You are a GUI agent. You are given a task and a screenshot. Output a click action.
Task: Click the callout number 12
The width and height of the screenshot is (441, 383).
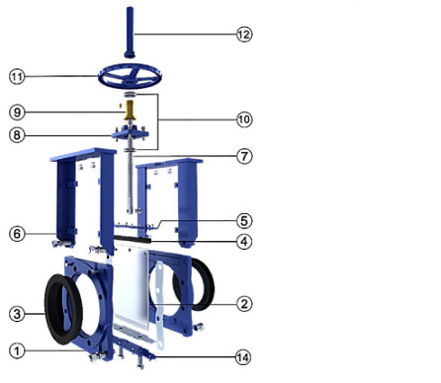click(x=243, y=33)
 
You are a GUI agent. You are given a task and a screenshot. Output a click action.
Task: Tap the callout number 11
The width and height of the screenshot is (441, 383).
click(x=17, y=76)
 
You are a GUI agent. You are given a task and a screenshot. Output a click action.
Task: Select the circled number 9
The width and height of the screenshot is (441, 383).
click(x=17, y=110)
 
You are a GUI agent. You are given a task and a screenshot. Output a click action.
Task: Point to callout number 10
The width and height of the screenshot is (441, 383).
click(x=243, y=118)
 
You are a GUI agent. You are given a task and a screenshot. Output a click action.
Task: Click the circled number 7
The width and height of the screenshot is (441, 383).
click(x=243, y=156)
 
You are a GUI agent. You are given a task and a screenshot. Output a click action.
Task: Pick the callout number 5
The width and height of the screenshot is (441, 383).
click(x=243, y=219)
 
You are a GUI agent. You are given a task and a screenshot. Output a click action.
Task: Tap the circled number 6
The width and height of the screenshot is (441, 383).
click(x=17, y=234)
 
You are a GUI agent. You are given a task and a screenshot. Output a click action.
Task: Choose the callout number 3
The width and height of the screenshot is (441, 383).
click(x=17, y=314)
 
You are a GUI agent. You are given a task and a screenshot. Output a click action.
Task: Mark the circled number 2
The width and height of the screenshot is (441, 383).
click(x=243, y=303)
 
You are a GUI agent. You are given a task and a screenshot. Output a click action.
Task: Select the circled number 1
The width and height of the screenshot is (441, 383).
click(x=17, y=349)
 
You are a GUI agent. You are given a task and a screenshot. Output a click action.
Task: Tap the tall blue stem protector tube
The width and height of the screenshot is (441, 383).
click(x=131, y=30)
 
